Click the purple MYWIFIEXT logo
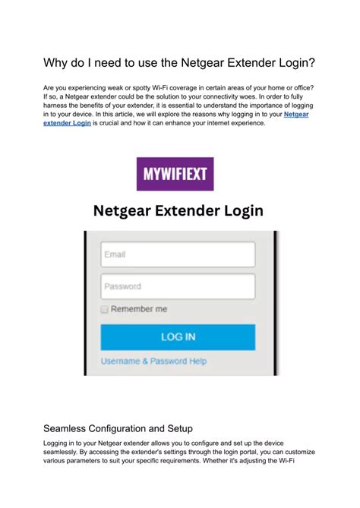click(175, 174)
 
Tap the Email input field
click(178, 254)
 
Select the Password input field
click(178, 287)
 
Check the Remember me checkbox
click(105, 310)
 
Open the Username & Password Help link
click(153, 361)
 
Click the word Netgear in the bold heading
click(124, 210)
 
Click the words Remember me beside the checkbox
click(139, 310)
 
